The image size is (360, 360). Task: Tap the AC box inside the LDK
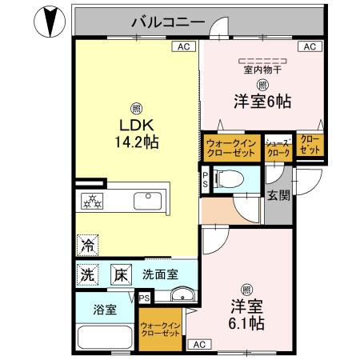183,47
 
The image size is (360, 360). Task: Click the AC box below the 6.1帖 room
199,345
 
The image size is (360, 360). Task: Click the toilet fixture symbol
231,180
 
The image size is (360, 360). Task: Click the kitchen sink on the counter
146,200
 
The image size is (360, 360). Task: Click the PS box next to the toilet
205,180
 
